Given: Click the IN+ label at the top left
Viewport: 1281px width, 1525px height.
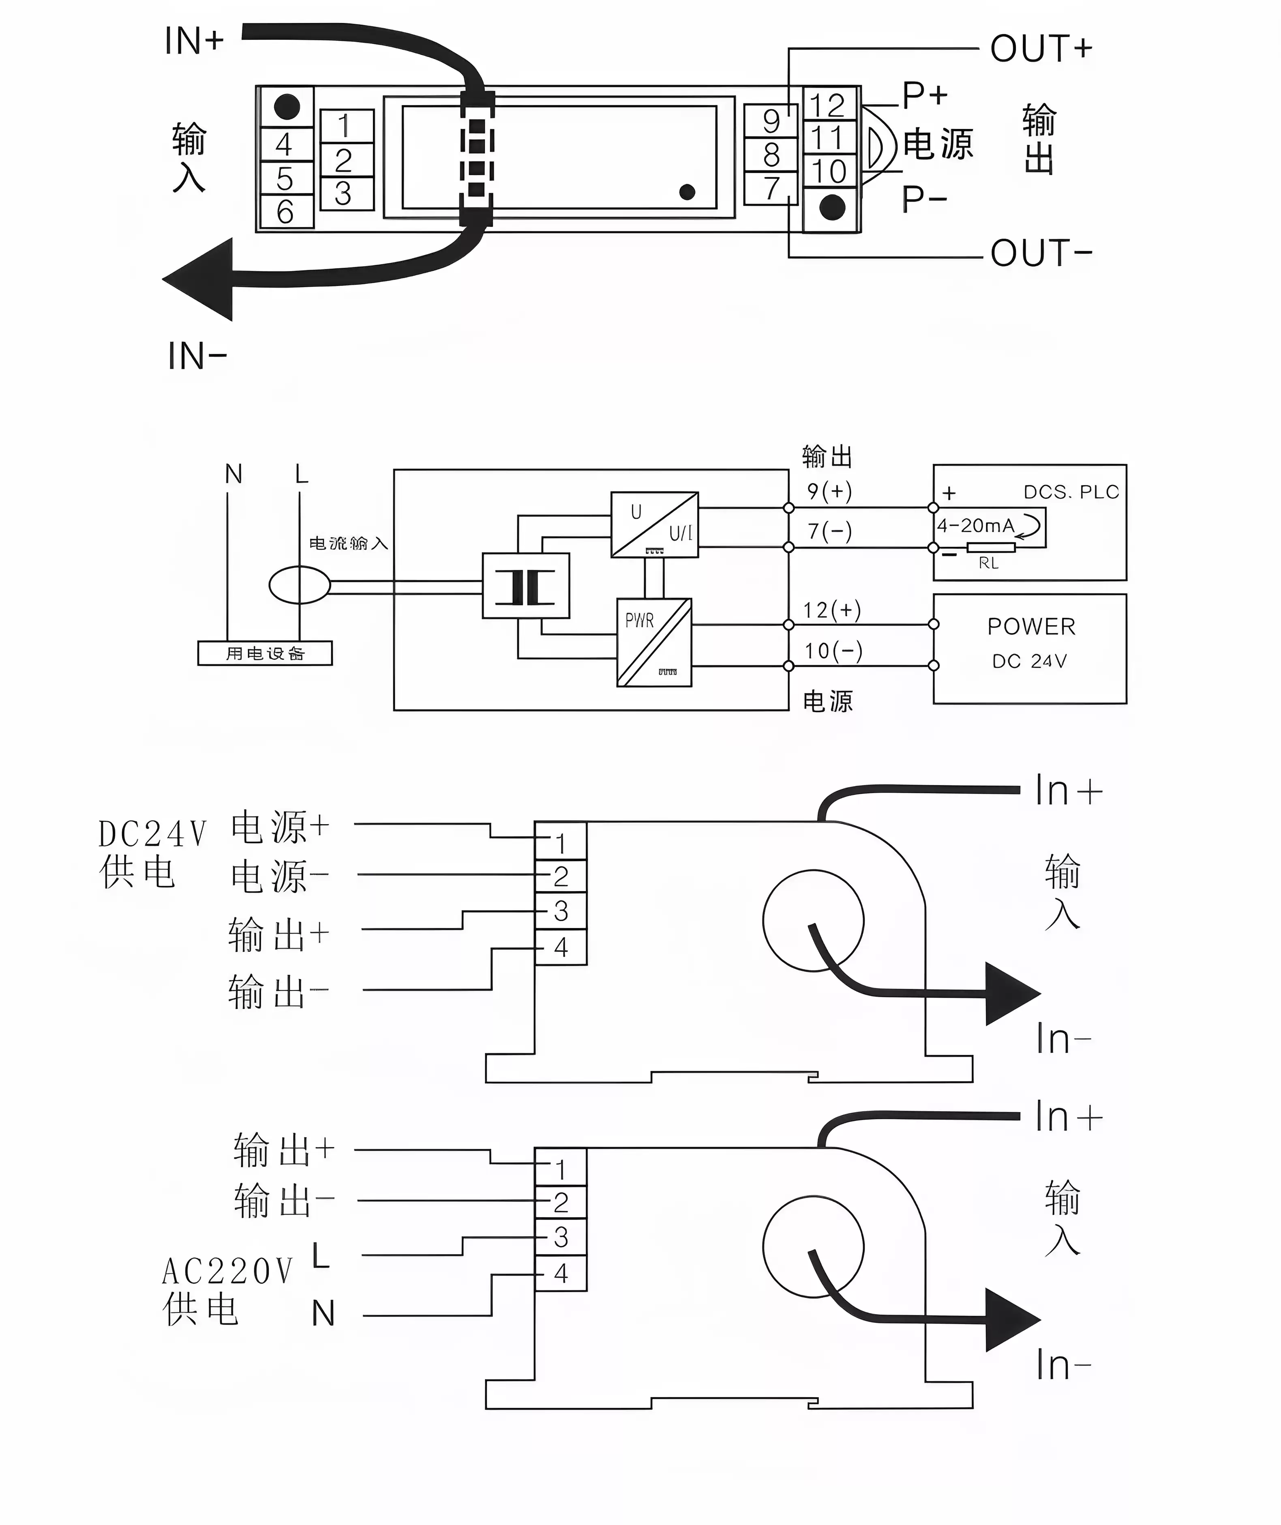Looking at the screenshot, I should click(194, 41).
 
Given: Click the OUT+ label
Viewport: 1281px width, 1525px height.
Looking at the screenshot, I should click(1041, 49).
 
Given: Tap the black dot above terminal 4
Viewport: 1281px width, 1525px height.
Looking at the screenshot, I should click(287, 107).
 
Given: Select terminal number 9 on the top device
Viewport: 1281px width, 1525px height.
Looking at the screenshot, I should click(771, 121).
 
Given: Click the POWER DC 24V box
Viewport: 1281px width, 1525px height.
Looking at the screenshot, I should click(1030, 648).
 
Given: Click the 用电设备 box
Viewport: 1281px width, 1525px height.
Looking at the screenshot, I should click(265, 653).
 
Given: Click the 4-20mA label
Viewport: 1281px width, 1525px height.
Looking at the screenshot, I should click(975, 525).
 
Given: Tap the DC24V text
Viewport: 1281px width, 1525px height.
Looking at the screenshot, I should click(152, 834).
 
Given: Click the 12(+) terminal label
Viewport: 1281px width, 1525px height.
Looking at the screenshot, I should click(831, 610).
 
